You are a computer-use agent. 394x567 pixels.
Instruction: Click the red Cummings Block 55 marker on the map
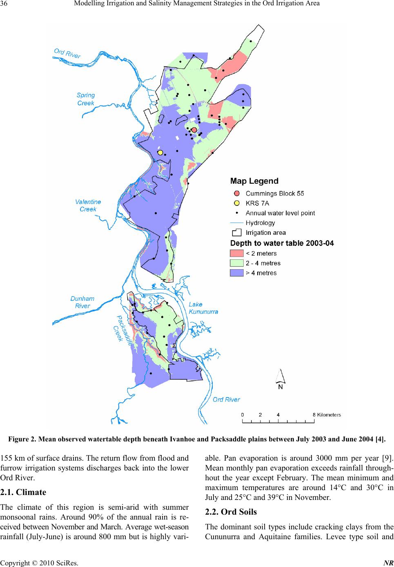(x=194, y=130)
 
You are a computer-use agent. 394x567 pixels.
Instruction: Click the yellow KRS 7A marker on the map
(x=160, y=152)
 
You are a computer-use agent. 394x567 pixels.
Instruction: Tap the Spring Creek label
(x=86, y=99)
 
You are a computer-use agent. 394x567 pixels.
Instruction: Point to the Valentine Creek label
(x=88, y=205)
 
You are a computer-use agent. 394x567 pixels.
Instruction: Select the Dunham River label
(x=82, y=302)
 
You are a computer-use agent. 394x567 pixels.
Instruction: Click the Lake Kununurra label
(x=203, y=308)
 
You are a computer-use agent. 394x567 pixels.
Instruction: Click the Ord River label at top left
(x=67, y=53)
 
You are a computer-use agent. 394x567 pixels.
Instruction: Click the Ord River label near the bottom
(x=226, y=399)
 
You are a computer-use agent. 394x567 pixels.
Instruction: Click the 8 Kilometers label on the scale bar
(x=327, y=414)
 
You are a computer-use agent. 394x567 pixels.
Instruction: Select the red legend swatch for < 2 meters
(x=236, y=253)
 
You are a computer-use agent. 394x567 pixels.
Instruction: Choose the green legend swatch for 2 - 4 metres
(x=236, y=263)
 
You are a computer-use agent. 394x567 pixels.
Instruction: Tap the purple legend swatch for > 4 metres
(x=236, y=273)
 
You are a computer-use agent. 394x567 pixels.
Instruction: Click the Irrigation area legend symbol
(x=236, y=232)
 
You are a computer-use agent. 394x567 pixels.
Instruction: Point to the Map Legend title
(x=254, y=181)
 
